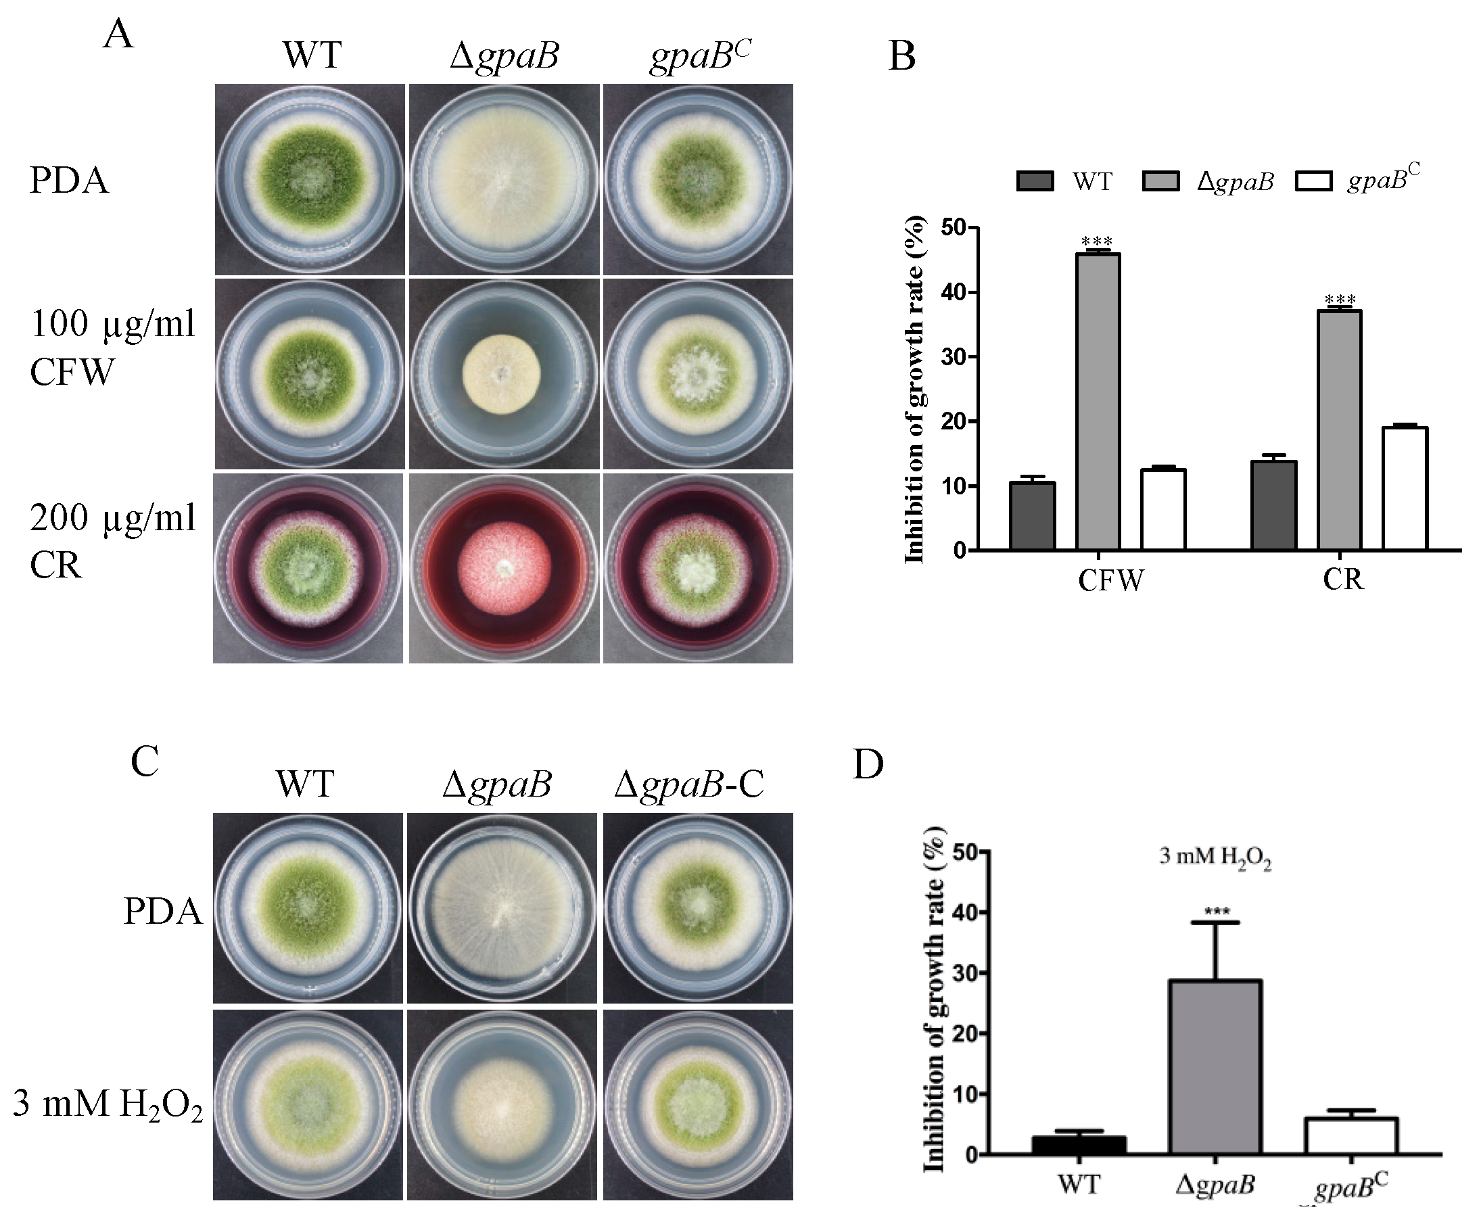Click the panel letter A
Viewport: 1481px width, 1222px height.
(x=118, y=34)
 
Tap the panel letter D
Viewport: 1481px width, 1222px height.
(x=868, y=764)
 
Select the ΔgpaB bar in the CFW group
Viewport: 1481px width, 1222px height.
(x=1098, y=401)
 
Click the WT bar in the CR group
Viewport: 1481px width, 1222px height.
(x=1273, y=504)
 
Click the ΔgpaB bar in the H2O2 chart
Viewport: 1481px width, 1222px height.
(x=1215, y=1066)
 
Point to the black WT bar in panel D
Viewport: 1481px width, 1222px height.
(x=1079, y=1145)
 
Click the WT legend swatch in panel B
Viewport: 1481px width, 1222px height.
(x=1035, y=181)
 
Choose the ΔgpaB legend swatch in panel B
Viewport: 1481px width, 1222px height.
(x=1160, y=181)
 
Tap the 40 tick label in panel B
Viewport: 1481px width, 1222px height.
(x=953, y=292)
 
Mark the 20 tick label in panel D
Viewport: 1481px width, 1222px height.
(x=965, y=1033)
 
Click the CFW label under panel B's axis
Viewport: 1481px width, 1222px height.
(x=1110, y=581)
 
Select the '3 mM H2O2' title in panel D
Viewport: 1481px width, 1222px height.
(x=1215, y=857)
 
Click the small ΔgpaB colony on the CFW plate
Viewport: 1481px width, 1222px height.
(x=501, y=374)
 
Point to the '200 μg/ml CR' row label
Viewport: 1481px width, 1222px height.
(x=113, y=540)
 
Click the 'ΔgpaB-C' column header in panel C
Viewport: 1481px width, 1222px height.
(x=688, y=784)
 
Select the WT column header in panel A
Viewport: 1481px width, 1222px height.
(x=312, y=54)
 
